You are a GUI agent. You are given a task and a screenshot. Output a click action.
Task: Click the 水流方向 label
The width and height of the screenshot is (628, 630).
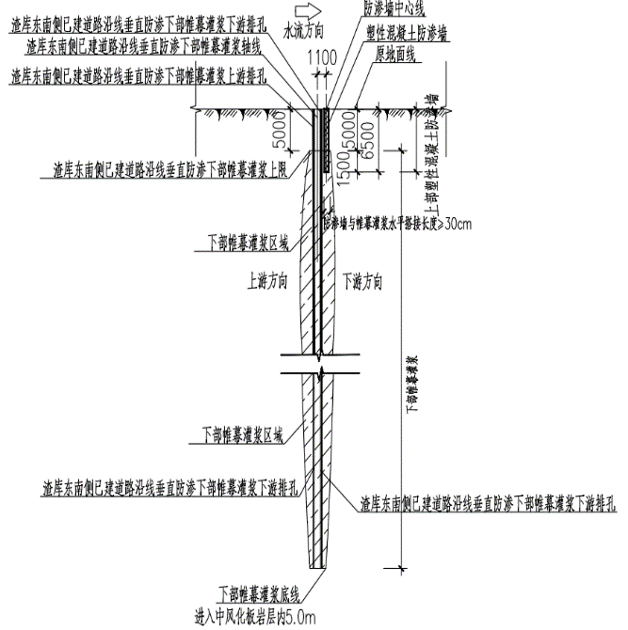tap(307, 31)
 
